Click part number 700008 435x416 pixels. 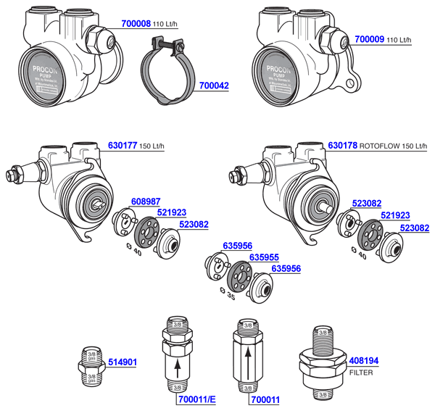[x=133, y=24]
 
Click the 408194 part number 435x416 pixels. [x=365, y=359]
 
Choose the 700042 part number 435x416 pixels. [x=214, y=86]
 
